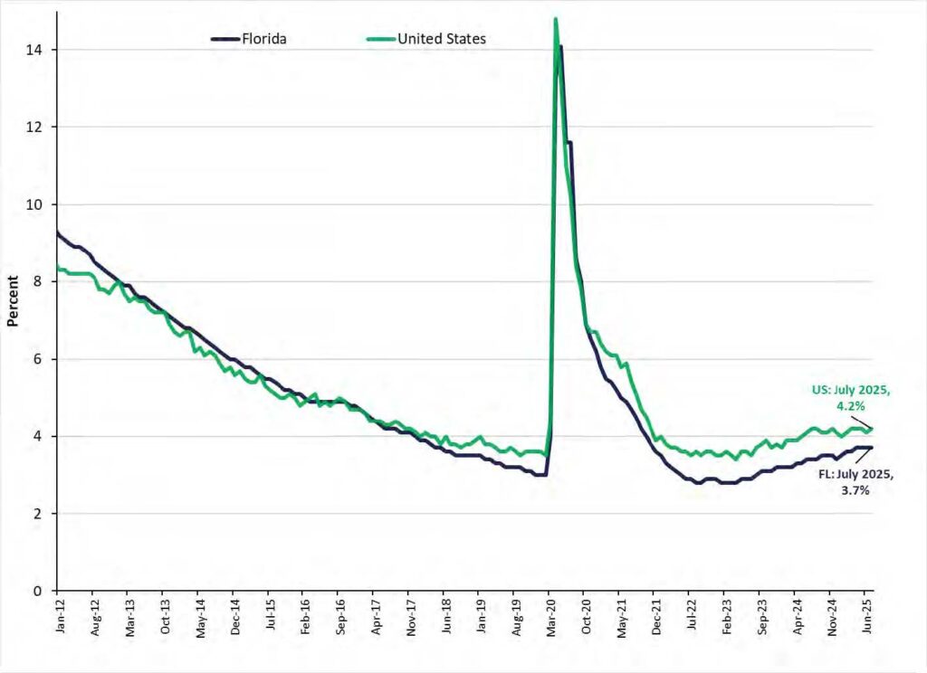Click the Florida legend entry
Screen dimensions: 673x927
[248, 38]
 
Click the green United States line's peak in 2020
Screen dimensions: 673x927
[555, 19]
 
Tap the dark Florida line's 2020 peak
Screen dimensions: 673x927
[561, 46]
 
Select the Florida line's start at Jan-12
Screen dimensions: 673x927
[57, 232]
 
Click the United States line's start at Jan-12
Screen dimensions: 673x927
[57, 266]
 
